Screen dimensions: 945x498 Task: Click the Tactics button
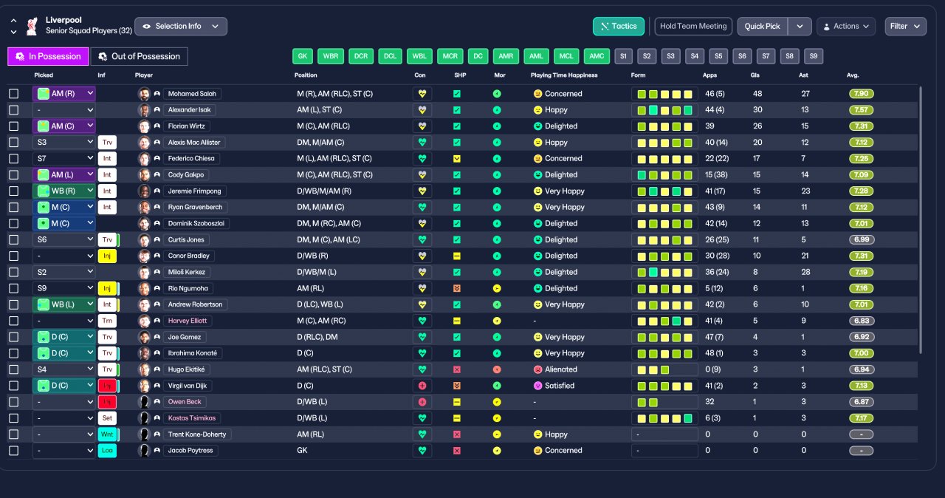coord(619,26)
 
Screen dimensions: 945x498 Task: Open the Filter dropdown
coord(905,26)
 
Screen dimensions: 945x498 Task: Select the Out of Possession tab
coord(140,57)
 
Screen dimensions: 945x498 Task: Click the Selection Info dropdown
coord(181,26)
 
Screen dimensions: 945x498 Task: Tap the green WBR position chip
coord(331,56)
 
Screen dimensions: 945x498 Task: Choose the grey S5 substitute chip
coord(718,56)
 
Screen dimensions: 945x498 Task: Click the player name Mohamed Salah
coord(192,94)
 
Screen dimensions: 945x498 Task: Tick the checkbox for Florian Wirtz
coord(14,126)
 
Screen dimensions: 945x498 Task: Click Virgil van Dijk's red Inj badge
coord(107,386)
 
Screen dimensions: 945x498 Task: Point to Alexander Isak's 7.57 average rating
coord(861,110)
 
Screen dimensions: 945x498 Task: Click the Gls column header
coord(755,75)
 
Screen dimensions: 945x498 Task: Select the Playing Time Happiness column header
coord(564,75)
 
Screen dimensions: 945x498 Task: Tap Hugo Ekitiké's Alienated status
coord(560,369)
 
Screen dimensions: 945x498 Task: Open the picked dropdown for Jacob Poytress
coord(64,451)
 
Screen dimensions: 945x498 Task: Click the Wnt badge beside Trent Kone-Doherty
coord(107,434)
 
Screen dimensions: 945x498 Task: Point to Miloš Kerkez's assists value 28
coord(805,272)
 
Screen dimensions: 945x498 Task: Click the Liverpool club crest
coord(32,26)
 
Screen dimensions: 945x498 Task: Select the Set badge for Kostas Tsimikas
coord(107,418)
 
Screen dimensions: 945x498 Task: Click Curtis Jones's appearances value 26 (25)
coord(717,239)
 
